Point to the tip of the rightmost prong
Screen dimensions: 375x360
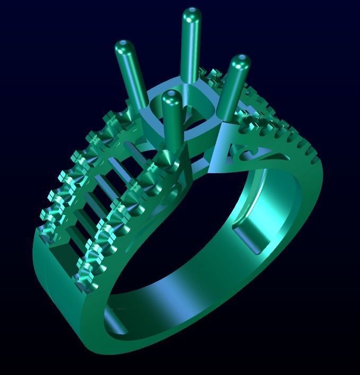click(240, 61)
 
